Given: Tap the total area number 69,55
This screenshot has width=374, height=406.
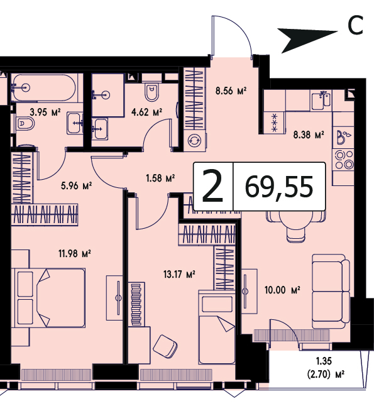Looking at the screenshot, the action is point(279,187).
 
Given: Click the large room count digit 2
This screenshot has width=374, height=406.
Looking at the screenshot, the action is point(212,186).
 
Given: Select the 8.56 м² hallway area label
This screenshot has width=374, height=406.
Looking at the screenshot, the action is point(231,91).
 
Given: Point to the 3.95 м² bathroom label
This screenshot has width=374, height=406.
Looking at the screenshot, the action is point(45,112).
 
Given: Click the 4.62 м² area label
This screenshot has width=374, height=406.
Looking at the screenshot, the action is point(146,112).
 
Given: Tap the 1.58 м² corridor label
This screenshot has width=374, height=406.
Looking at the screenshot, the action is point(160,178).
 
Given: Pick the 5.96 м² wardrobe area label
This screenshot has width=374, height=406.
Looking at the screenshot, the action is point(77,185).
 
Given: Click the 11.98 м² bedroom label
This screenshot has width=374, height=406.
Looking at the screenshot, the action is point(75,253).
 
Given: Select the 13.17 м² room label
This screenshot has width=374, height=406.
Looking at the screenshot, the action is point(179,274).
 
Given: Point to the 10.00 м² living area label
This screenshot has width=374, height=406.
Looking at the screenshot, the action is point(282,290).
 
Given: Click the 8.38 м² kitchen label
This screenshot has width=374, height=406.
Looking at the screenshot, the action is point(309,134).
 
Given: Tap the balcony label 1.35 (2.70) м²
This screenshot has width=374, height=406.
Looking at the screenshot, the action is point(326,368).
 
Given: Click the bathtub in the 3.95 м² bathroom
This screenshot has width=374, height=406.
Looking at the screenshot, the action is point(44,88).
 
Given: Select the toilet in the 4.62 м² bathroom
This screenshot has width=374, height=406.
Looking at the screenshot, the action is point(151,92).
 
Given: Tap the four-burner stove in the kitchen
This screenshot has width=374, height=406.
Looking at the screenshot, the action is point(343,159).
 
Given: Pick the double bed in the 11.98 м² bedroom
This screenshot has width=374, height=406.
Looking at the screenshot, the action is point(50,298).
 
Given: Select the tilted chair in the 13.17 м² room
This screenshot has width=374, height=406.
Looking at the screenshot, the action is point(165,346).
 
